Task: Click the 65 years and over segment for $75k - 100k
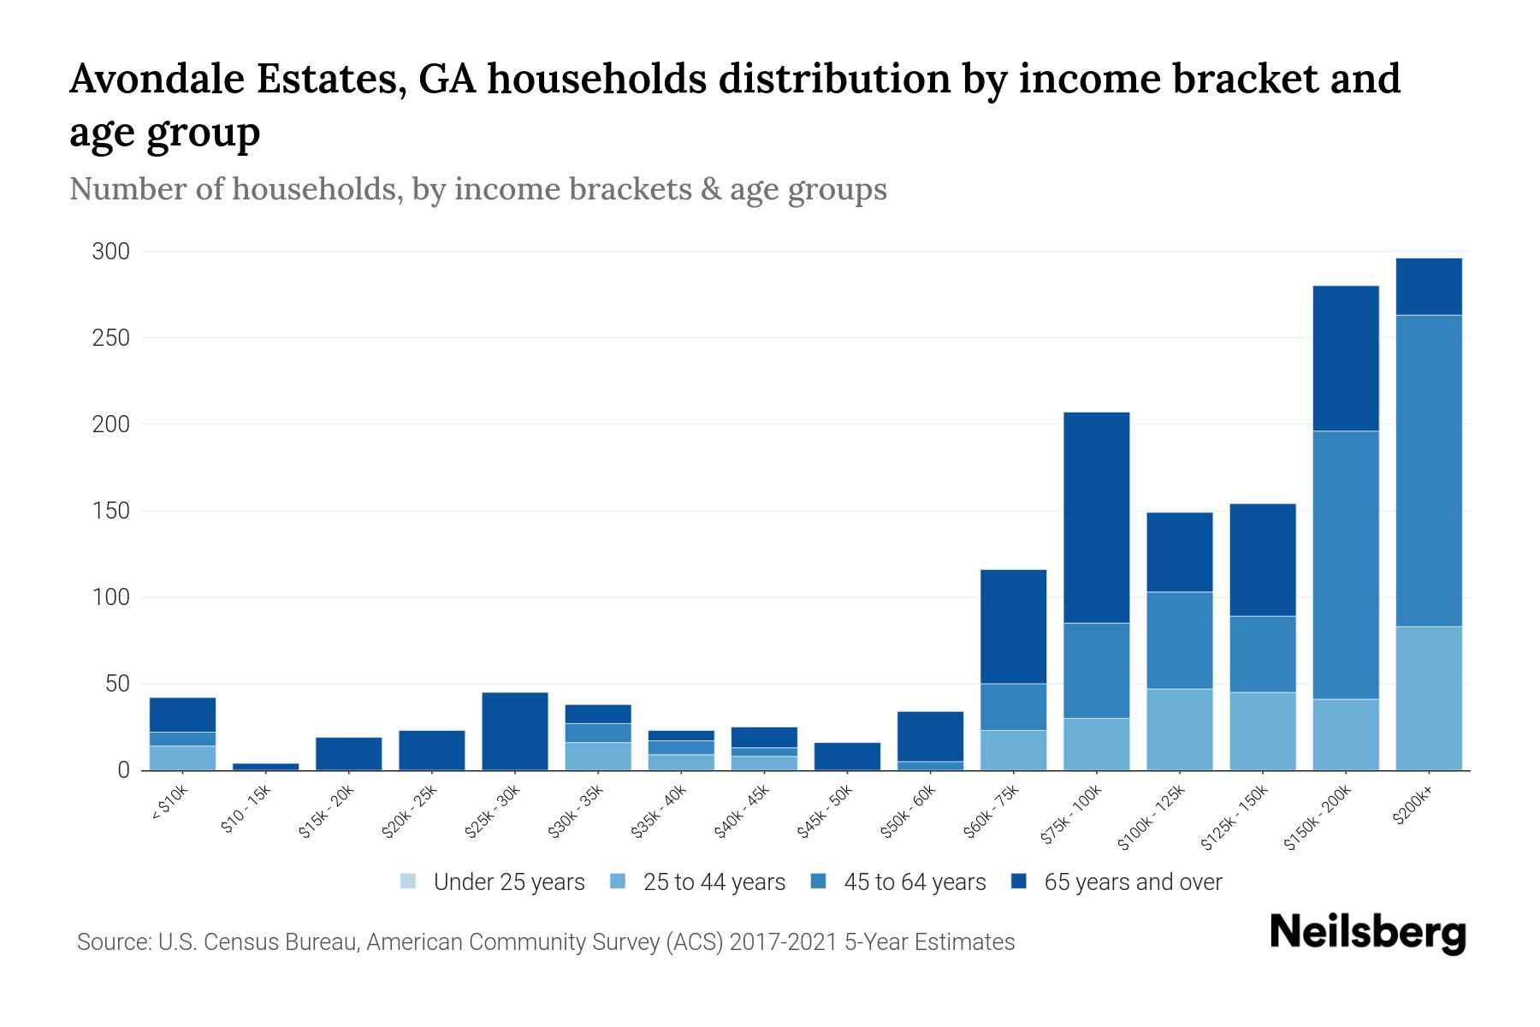[1096, 517]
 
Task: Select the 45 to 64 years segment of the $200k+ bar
[1428, 471]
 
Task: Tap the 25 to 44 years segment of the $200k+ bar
[1428, 698]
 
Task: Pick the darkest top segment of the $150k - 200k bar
[1346, 358]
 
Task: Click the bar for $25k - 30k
[515, 731]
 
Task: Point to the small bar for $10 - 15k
[265, 766]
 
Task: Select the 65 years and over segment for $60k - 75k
[1013, 626]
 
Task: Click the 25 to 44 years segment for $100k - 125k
[1179, 729]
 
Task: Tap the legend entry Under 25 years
[508, 882]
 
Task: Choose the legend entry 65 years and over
[1132, 882]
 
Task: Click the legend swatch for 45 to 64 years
[819, 882]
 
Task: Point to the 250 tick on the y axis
[111, 338]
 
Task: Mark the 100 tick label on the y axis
[111, 597]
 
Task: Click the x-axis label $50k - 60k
[909, 812]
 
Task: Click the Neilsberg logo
[1367, 933]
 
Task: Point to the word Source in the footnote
[114, 942]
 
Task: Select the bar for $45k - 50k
[847, 756]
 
